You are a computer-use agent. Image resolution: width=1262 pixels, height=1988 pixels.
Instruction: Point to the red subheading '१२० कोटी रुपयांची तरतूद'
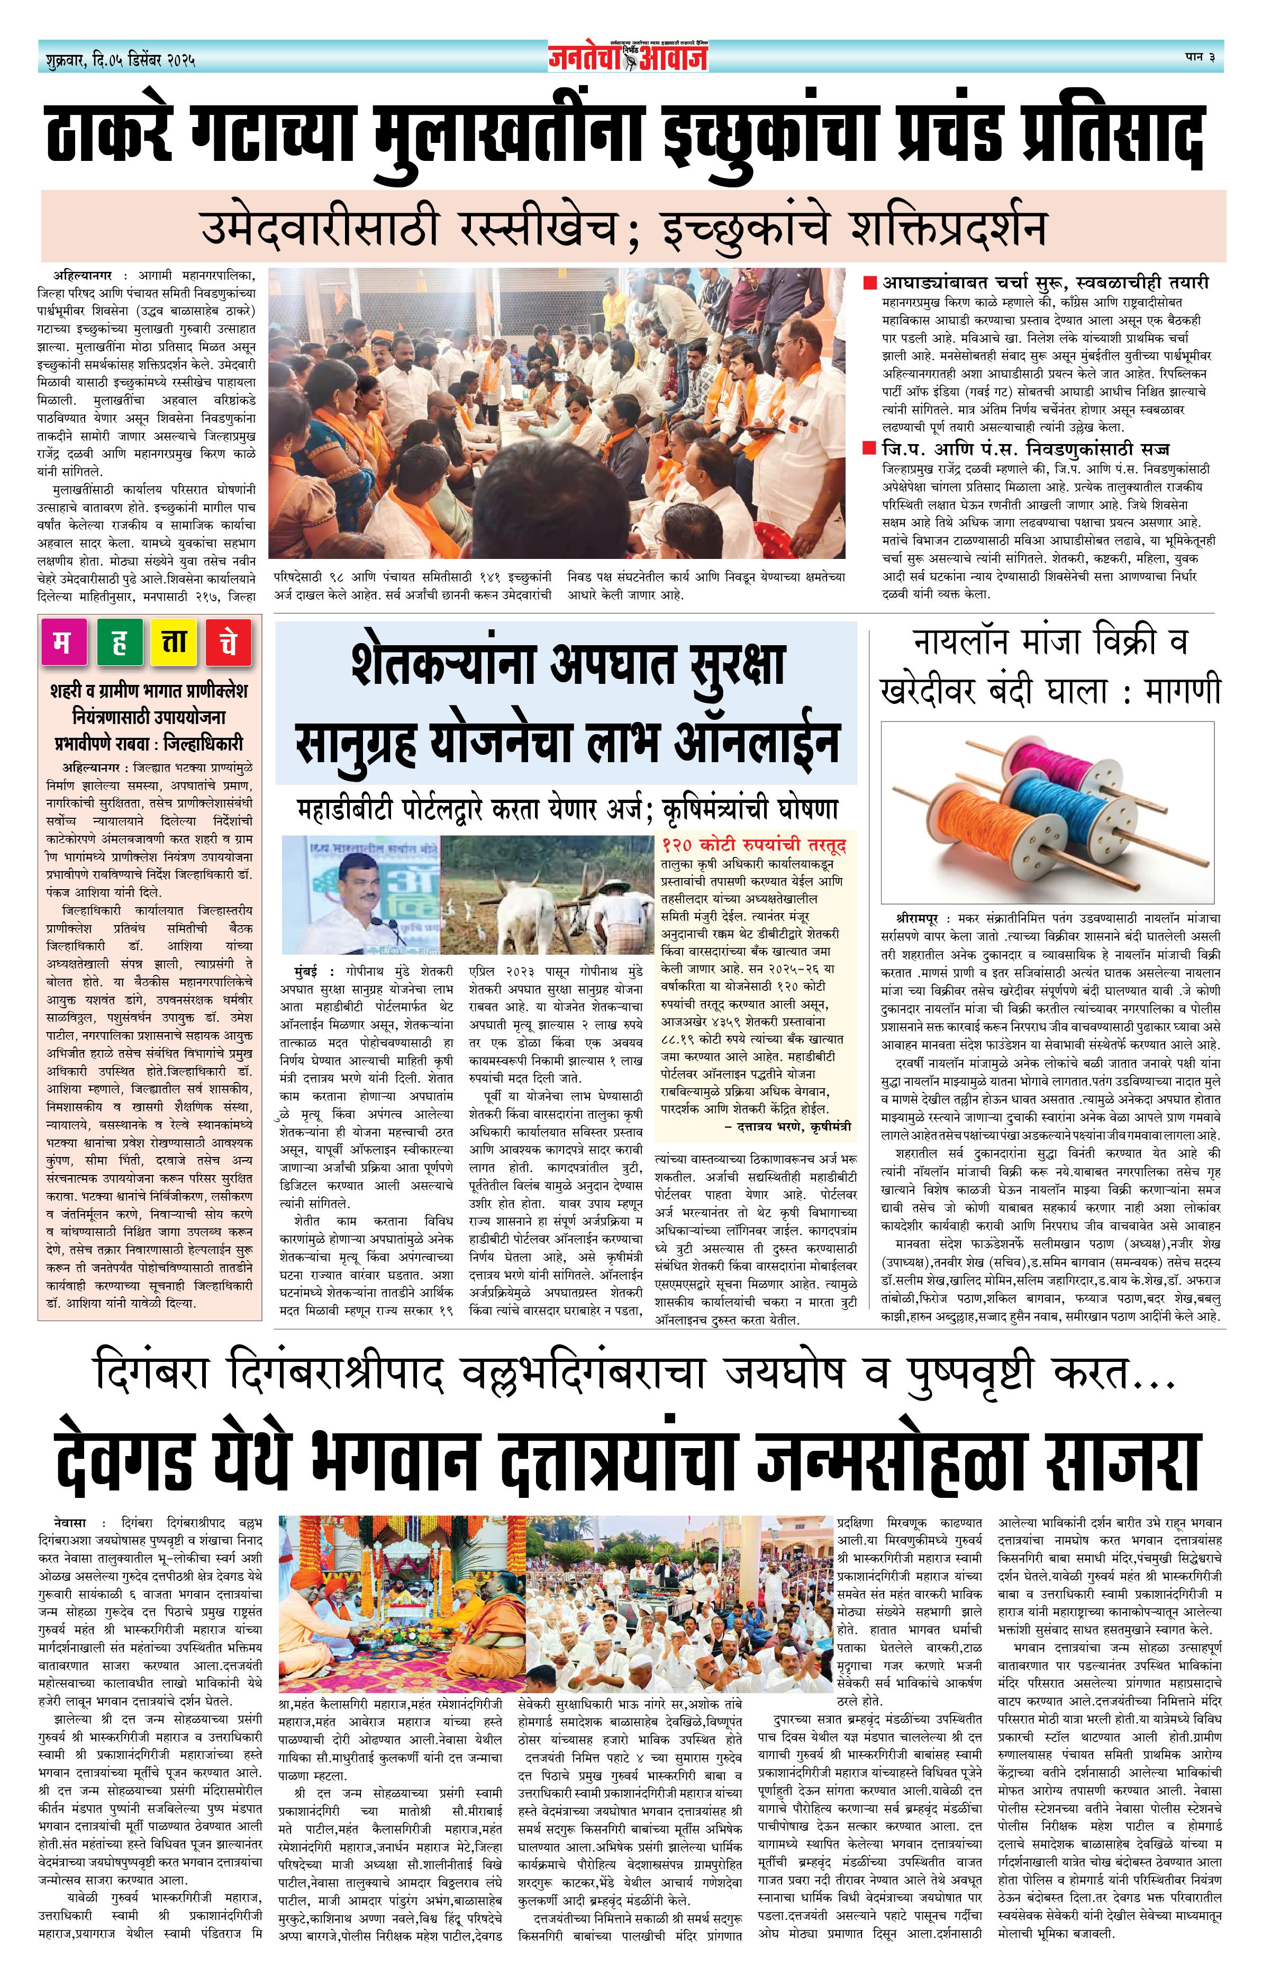point(753,845)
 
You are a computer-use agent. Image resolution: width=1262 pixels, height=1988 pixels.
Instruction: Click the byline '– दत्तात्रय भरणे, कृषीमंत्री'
point(788,1126)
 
